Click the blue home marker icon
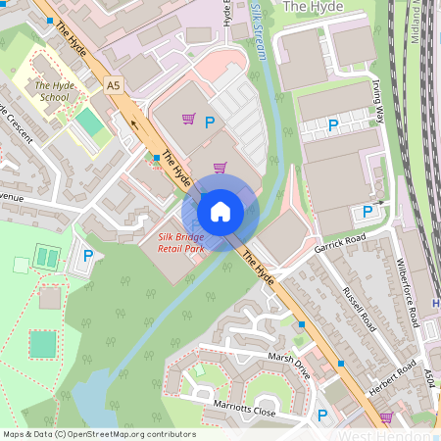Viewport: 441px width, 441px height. [x=220, y=211]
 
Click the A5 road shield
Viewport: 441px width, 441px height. [x=114, y=86]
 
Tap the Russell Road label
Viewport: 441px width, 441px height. [x=359, y=307]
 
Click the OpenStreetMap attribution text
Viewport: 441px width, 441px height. [x=99, y=434]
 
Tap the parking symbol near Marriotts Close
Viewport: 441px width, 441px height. [x=322, y=416]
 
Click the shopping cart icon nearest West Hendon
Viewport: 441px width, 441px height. [x=385, y=417]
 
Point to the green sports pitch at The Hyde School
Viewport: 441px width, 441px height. [x=89, y=122]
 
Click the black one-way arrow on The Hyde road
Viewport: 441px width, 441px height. [x=134, y=122]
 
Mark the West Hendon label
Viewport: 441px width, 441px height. [x=384, y=435]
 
